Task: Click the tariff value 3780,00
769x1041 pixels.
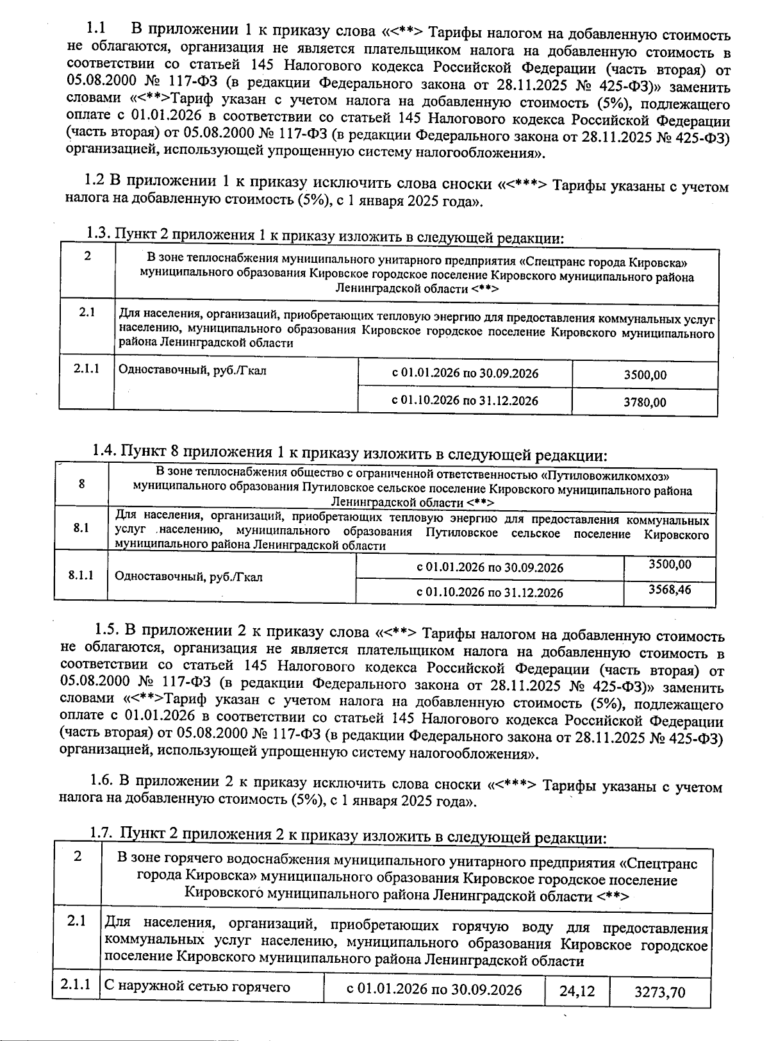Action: pyautogui.click(x=645, y=403)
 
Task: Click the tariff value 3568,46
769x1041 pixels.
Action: pyautogui.click(x=670, y=589)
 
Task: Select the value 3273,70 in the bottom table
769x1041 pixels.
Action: pyautogui.click(x=659, y=992)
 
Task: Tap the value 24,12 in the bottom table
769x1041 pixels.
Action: pyautogui.click(x=577, y=992)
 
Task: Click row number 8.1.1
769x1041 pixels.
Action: pyautogui.click(x=81, y=575)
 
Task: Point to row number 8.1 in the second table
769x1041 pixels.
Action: pyautogui.click(x=81, y=528)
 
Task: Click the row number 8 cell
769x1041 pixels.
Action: pyautogui.click(x=82, y=485)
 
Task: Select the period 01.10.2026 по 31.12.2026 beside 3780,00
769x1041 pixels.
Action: pyautogui.click(x=465, y=401)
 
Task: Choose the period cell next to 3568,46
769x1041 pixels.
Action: pyautogui.click(x=490, y=592)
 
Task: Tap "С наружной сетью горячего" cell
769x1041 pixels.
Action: pyautogui.click(x=197, y=987)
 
